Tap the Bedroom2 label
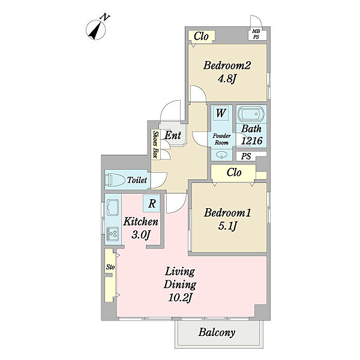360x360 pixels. [x=227, y=65]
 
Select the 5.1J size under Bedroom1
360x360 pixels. [x=227, y=226]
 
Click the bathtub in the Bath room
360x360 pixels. [x=251, y=114]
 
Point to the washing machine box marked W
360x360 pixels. [x=221, y=113]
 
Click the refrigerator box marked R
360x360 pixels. [x=151, y=203]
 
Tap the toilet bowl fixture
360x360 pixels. [x=115, y=180]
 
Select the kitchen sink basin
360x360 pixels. [x=113, y=208]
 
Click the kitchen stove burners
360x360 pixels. [x=113, y=234]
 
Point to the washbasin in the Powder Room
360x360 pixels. [x=221, y=155]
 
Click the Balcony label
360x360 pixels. [x=217, y=332]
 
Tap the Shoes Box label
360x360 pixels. [x=156, y=145]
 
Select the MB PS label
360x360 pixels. [x=256, y=34]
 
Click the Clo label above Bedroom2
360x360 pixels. [x=201, y=36]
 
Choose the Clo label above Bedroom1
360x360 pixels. [x=234, y=172]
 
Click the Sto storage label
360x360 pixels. [x=110, y=267]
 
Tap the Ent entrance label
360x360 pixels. [x=173, y=135]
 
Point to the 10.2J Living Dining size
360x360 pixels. [x=180, y=298]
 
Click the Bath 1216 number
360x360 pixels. [x=251, y=140]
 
